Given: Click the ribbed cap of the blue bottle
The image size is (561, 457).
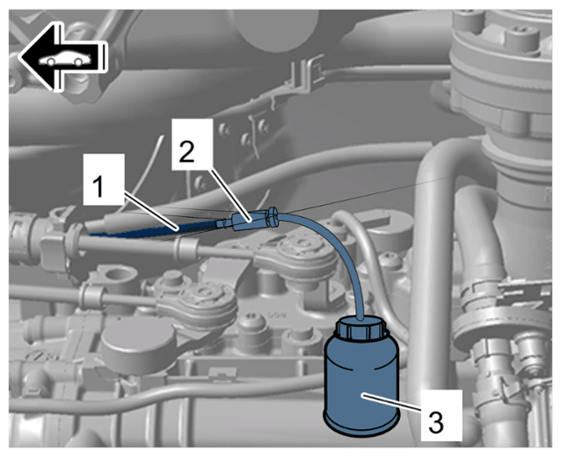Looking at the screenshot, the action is coord(360,329).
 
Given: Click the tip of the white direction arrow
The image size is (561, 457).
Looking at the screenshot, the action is coord(18,56).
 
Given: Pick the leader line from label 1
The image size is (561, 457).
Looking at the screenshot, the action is coord(151,210).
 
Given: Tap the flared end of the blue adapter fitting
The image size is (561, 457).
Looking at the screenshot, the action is coord(273,217).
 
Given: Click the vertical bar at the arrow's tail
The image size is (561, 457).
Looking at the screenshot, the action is coord(105,56).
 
